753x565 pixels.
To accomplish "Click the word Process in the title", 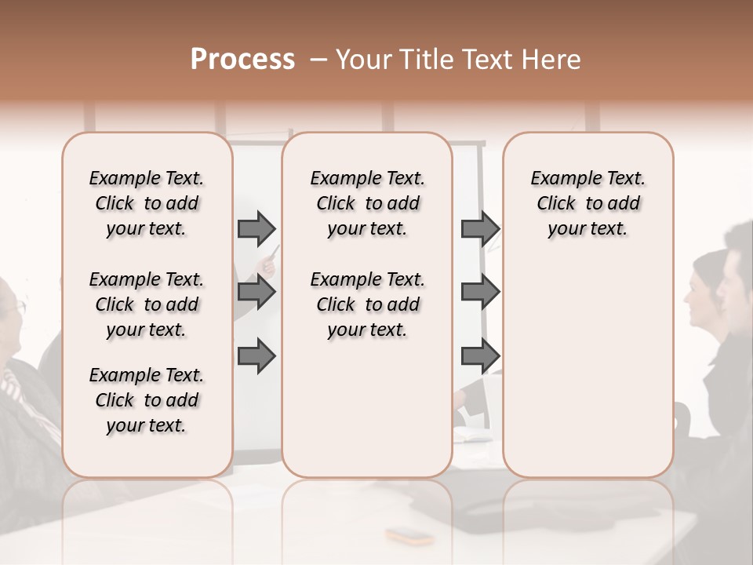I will click(242, 60).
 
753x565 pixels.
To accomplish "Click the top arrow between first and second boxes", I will click(256, 228).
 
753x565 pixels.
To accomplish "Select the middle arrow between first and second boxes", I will click(256, 292).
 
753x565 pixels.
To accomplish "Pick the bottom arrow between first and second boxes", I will click(256, 355).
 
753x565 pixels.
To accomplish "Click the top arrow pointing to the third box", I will click(480, 228).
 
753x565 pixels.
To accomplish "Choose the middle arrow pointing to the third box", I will click(480, 292).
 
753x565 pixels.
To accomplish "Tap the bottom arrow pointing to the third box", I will click(480, 355).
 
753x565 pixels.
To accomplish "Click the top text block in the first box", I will click(147, 203).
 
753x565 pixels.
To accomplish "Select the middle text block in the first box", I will click(147, 304).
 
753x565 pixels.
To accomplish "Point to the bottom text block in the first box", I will click(147, 400).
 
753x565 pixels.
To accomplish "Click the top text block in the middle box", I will click(367, 203).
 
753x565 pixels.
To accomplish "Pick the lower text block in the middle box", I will click(367, 304).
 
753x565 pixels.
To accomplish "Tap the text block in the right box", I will click(587, 203).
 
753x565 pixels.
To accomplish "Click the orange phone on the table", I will click(409, 536).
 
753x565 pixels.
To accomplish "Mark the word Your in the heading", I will click(362, 60).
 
